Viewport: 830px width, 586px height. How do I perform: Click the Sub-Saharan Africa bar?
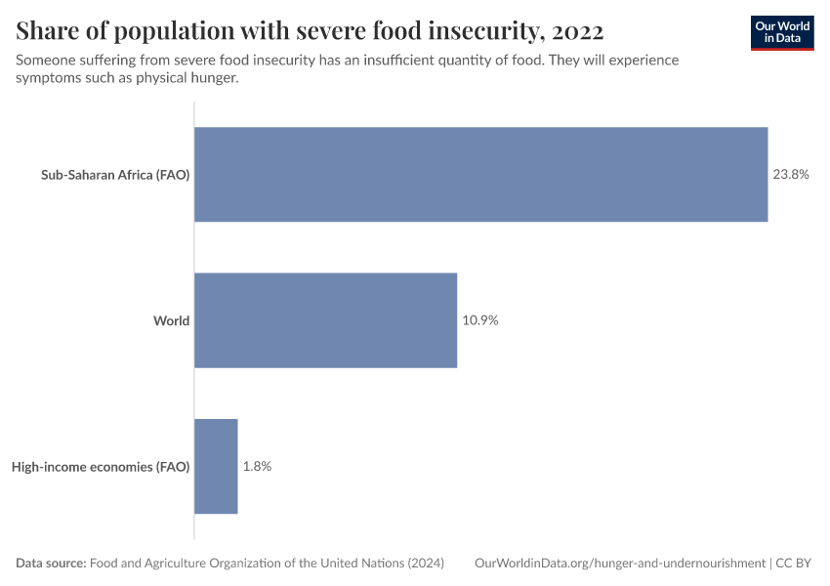[480, 175]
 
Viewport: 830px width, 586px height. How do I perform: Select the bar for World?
[325, 320]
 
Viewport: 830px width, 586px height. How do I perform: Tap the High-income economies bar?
[216, 467]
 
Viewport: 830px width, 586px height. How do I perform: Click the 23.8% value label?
[791, 175]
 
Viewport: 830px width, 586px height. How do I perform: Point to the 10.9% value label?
[480, 320]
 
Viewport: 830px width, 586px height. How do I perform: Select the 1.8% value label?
[257, 467]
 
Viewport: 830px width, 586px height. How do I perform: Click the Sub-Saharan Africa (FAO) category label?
[115, 175]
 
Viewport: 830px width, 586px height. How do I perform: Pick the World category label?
[171, 320]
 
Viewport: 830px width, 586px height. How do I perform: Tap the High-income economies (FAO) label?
[101, 467]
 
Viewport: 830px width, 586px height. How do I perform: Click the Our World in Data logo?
[782, 32]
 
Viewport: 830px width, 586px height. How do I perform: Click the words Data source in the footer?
[51, 564]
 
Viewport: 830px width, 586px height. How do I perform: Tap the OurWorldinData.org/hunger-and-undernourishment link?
[620, 564]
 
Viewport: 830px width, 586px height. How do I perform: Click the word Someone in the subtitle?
[47, 61]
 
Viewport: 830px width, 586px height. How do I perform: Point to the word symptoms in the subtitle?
[49, 78]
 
